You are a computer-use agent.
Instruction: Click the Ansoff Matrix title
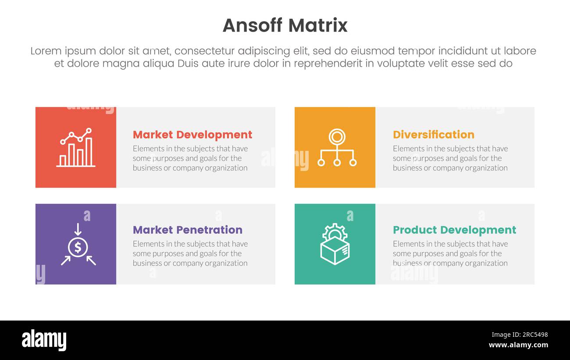click(285, 25)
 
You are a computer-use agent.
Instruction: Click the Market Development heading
click(192, 135)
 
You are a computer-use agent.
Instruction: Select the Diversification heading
click(433, 135)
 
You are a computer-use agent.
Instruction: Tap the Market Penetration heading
click(187, 230)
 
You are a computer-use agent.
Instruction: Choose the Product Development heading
click(454, 230)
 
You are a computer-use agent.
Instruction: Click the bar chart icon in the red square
click(76, 147)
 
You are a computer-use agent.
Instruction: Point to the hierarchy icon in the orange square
click(337, 147)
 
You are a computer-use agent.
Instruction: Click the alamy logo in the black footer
click(44, 340)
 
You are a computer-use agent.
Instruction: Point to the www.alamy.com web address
click(518, 345)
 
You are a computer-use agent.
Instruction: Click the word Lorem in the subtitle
click(46, 51)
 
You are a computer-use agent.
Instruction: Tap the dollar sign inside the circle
click(78, 248)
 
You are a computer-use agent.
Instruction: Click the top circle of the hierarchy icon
click(337, 137)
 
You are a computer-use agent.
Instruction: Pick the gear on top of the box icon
click(335, 231)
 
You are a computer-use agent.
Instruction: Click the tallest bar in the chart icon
click(89, 152)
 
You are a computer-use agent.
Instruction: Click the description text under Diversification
click(450, 158)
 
